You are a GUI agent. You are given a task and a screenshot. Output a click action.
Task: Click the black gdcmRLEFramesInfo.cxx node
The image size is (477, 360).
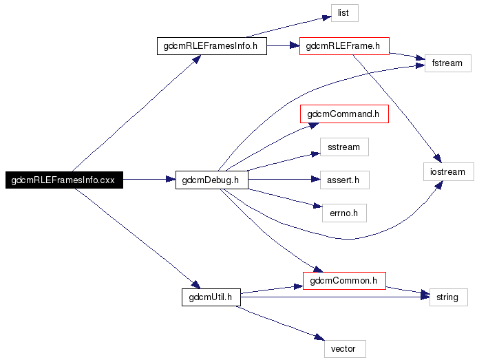pyautogui.click(x=63, y=180)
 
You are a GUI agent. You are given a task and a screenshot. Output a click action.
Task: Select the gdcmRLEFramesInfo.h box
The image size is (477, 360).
pyautogui.click(x=211, y=46)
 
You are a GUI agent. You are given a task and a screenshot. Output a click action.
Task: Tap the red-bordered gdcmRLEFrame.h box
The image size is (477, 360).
pyautogui.click(x=344, y=46)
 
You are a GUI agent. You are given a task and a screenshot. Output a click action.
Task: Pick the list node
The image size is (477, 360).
pyautogui.click(x=344, y=12)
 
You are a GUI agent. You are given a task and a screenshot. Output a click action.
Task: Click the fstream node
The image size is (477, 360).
pyautogui.click(x=447, y=63)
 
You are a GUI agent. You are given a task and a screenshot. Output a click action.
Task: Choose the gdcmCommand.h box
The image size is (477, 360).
pyautogui.click(x=344, y=114)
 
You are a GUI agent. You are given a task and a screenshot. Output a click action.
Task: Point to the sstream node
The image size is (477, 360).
pyautogui.click(x=344, y=147)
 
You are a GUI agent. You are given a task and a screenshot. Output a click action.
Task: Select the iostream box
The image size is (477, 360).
pyautogui.click(x=447, y=171)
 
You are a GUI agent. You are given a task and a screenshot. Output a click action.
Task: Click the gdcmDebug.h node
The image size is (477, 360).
pyautogui.click(x=211, y=180)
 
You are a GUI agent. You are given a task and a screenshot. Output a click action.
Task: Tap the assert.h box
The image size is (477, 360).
pyautogui.click(x=344, y=180)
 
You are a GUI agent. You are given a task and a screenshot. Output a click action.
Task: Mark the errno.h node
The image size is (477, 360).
pyautogui.click(x=344, y=213)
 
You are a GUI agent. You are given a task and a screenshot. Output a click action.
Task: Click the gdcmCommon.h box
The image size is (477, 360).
pyautogui.click(x=344, y=280)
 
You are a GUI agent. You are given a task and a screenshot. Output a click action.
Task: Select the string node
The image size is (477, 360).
pyautogui.click(x=447, y=297)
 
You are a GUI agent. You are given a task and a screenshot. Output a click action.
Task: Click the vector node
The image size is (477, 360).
pyautogui.click(x=344, y=348)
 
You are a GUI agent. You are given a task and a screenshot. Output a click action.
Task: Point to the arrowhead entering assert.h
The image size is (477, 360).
pyautogui.click(x=315, y=180)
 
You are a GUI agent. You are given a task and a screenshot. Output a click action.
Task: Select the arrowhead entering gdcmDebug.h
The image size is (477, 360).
pyautogui.click(x=171, y=180)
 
